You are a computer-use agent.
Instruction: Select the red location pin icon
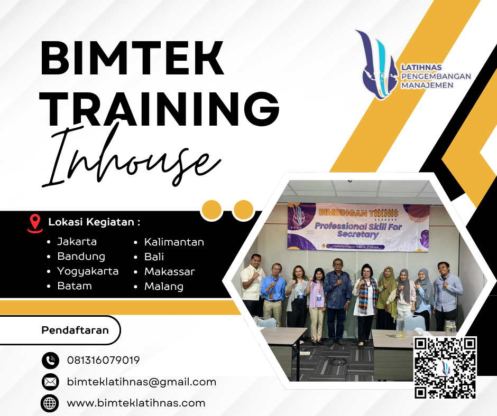coord(35,223)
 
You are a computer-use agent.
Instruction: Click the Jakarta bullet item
coord(77,242)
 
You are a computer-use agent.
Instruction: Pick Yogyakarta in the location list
coord(88,271)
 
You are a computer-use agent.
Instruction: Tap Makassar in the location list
coord(170,272)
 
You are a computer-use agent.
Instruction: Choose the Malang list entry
coord(164,287)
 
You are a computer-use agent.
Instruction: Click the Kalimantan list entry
coord(174,242)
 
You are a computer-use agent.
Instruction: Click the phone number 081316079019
coord(104,361)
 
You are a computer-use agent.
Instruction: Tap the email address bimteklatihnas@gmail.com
coord(142,382)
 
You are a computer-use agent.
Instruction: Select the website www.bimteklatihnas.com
coord(136,403)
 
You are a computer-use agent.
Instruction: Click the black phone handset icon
coord(50,361)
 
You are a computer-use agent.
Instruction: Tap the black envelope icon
coord(50,382)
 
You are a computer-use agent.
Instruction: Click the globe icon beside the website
coord(50,403)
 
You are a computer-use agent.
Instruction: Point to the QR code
coord(445,368)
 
